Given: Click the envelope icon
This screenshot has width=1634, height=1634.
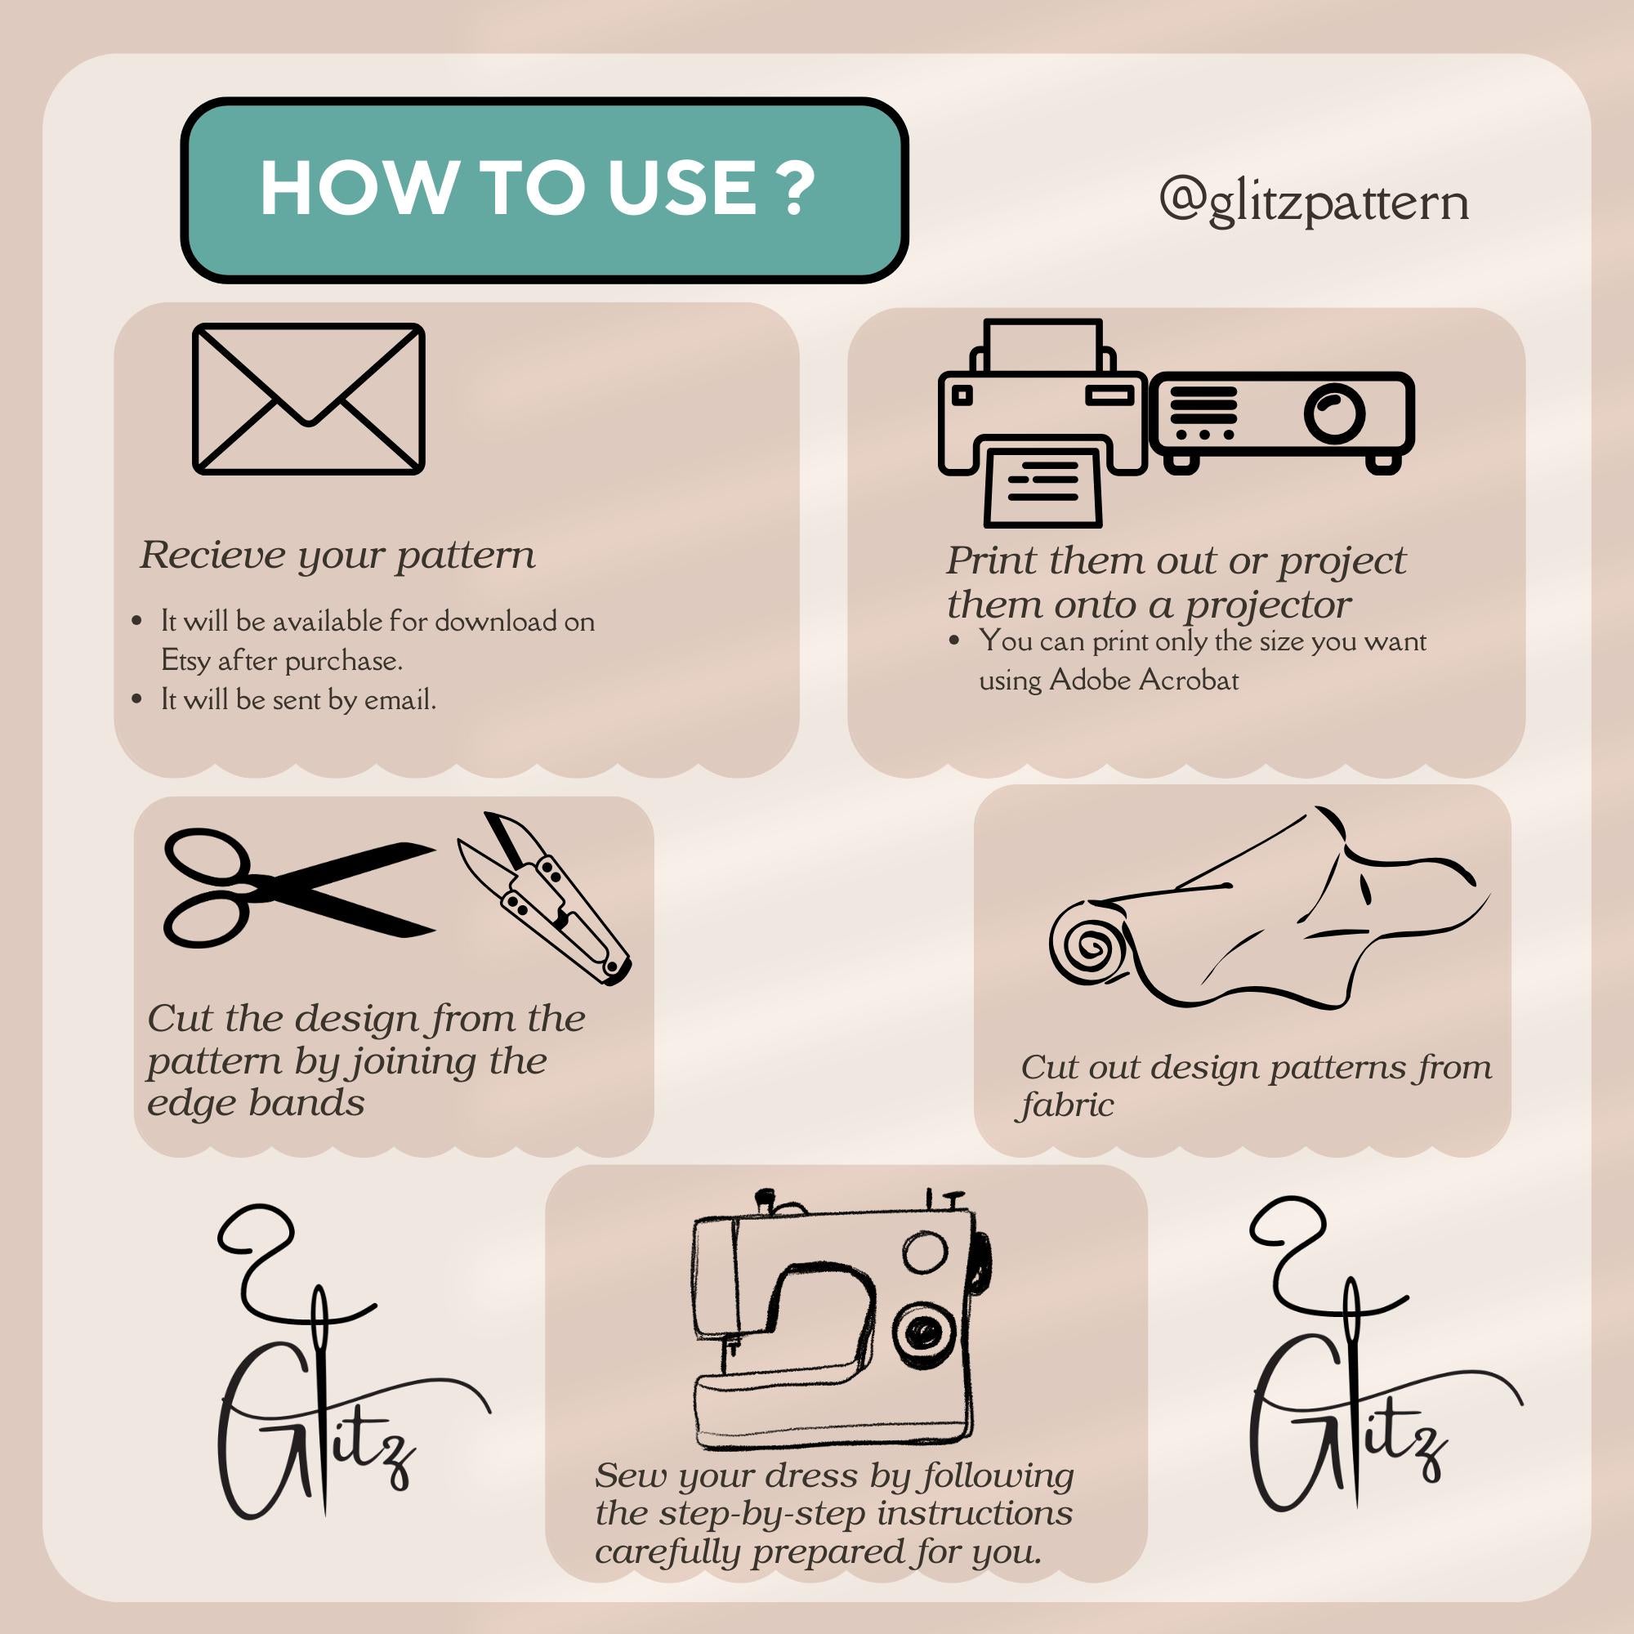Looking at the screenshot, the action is (309, 399).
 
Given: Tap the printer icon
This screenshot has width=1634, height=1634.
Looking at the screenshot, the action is (1042, 423).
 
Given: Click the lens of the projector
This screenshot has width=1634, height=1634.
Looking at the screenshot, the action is (1335, 413).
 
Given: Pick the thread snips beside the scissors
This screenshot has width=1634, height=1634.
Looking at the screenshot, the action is (544, 898).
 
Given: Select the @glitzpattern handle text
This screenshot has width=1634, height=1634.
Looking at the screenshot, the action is (1314, 202).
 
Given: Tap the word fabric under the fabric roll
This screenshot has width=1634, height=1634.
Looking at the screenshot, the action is (1066, 1105).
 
